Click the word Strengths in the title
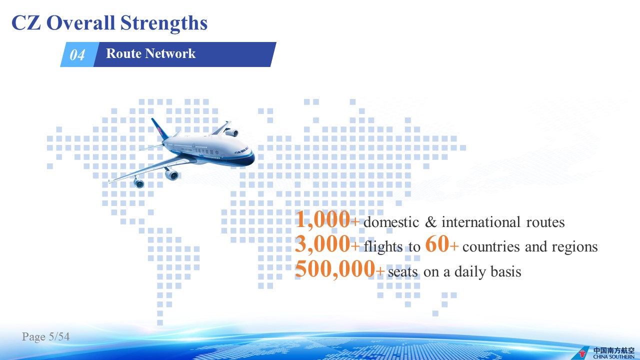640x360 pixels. [x=163, y=23]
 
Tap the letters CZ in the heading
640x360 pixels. [x=26, y=22]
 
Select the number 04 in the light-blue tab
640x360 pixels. [x=77, y=55]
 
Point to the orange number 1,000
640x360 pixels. [x=323, y=219]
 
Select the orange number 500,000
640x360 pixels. [x=335, y=269]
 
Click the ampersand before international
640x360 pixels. [x=431, y=222]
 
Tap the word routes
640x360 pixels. [x=545, y=222]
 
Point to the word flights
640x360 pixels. [x=383, y=246]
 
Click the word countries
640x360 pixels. [x=491, y=246]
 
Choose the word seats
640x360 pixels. [x=403, y=271]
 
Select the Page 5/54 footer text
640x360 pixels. [x=45, y=336]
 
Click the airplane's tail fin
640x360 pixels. [x=159, y=128]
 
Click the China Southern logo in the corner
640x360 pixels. [x=607, y=352]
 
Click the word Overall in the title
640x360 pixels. [x=80, y=22]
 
